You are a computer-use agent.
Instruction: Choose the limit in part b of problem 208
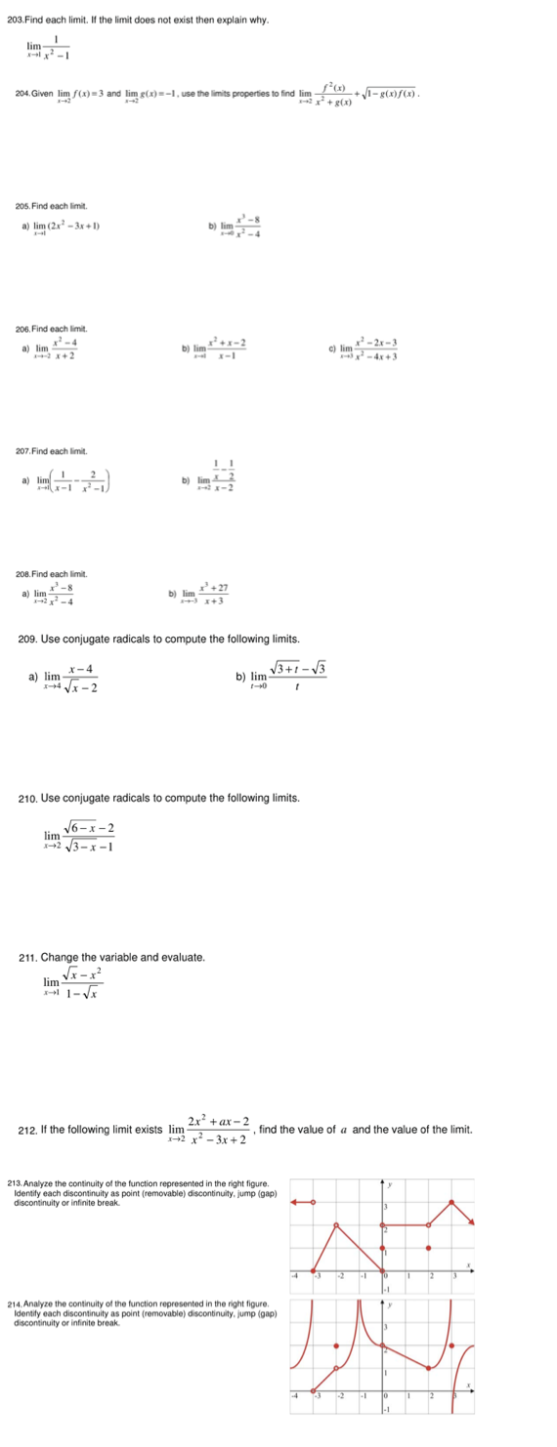206,594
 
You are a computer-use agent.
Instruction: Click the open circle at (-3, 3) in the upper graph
314,1202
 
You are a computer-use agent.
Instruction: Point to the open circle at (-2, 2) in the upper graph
337,1224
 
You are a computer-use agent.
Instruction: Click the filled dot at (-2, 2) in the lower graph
337,1345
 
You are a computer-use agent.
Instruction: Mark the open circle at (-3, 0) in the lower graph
314,1390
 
